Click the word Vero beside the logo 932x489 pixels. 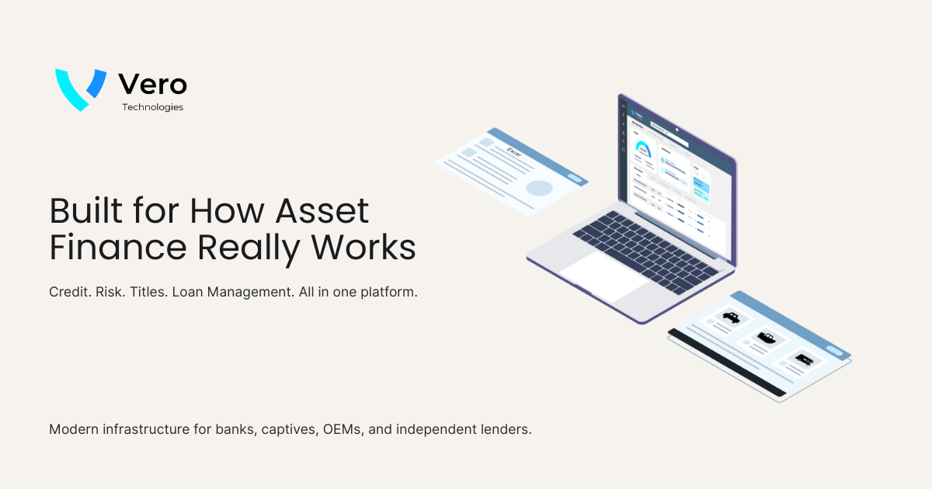point(152,84)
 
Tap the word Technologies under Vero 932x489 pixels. point(152,107)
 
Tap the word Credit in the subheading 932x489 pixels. point(68,292)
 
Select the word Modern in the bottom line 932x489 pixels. point(72,429)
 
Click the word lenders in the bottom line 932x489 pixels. point(506,429)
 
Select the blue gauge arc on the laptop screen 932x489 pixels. point(642,147)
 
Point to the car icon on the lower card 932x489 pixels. point(731,317)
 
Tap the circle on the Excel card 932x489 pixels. point(539,187)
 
